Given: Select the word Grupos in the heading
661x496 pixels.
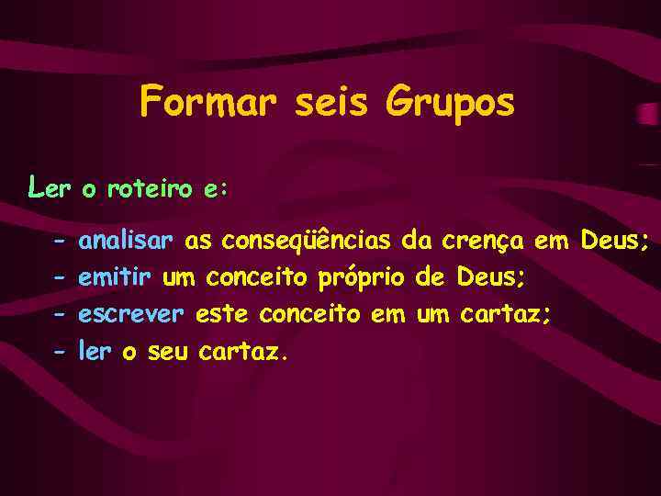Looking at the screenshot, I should point(451,103).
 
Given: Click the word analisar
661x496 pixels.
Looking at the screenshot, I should point(126,242).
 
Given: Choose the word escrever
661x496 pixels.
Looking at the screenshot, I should point(132,314).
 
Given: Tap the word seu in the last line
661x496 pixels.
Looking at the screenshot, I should point(167,351).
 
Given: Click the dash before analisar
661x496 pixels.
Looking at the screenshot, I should point(59,242).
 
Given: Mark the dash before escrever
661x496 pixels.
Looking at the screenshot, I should point(59,315).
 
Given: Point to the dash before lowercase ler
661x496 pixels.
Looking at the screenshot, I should point(59,351).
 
